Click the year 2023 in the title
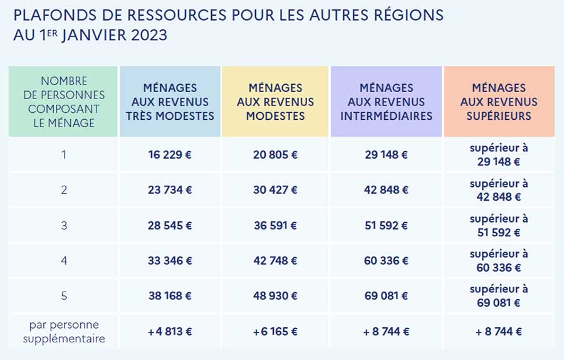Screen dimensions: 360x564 click(x=149, y=35)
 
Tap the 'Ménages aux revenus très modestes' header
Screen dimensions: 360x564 click(x=170, y=102)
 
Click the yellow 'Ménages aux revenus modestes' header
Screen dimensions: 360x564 click(x=275, y=102)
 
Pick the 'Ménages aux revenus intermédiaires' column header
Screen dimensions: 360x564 click(x=386, y=102)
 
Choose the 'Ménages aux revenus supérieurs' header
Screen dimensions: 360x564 click(x=499, y=102)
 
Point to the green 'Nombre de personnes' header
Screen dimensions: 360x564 click(x=63, y=102)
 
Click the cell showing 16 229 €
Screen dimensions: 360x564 click(x=170, y=155)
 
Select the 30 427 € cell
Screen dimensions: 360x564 click(x=275, y=190)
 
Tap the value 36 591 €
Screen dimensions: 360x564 click(x=275, y=226)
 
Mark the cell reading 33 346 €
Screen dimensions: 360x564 click(x=170, y=261)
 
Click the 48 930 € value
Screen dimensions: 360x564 click(x=275, y=296)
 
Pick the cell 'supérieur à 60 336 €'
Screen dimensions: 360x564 click(x=499, y=261)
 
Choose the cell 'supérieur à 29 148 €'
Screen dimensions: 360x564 click(x=499, y=155)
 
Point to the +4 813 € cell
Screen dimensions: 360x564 click(x=170, y=332)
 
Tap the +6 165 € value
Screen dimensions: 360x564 click(x=275, y=332)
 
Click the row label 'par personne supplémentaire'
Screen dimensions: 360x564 click(x=63, y=332)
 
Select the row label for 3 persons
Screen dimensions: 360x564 click(x=63, y=226)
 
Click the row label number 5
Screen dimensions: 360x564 click(x=63, y=296)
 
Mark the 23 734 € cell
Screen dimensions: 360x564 click(x=170, y=190)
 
